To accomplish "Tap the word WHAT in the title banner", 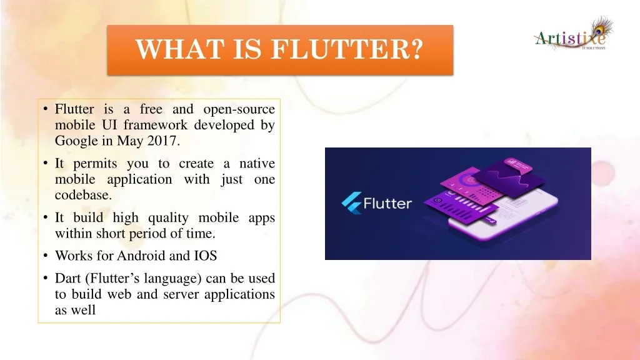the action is (179, 49).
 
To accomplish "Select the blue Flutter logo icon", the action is (351, 203).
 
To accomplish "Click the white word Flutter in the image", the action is (387, 203).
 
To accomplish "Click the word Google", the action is (77, 141).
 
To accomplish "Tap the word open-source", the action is (239, 109).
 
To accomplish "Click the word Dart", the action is (67, 278).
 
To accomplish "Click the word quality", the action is (167, 218).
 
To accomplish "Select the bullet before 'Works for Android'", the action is (46, 256).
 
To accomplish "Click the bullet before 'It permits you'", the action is (46, 163).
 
